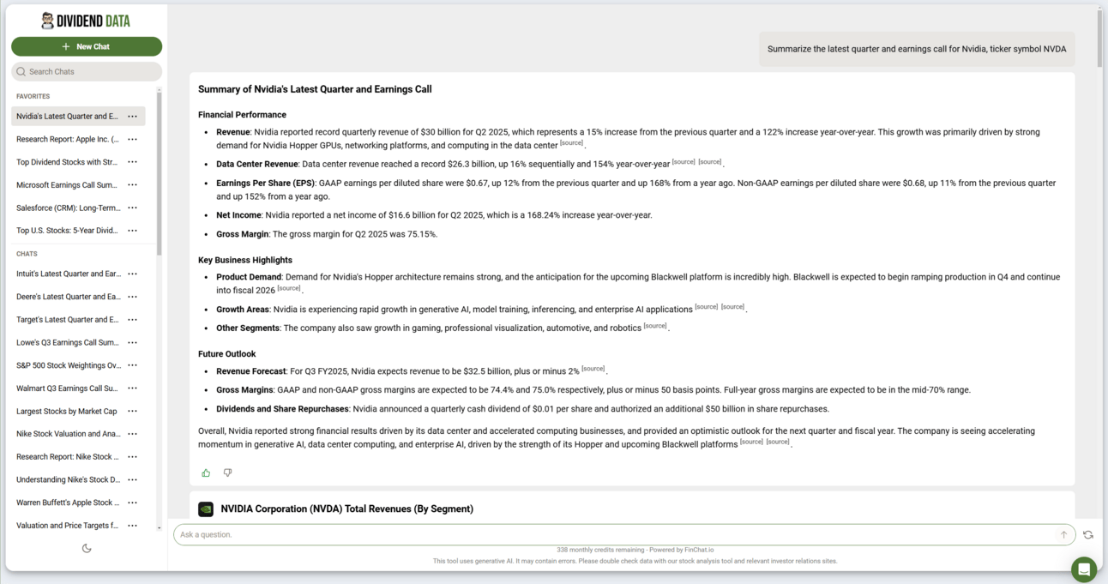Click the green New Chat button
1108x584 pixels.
tap(86, 46)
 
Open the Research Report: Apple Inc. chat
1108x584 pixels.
tap(68, 139)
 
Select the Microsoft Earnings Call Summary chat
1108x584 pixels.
tap(67, 184)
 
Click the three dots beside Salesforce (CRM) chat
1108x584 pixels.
tap(132, 208)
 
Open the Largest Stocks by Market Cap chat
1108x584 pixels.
tap(67, 411)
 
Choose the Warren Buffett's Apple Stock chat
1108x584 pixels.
tap(67, 503)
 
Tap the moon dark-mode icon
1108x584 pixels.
tap(87, 548)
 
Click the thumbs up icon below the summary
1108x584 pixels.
tap(206, 473)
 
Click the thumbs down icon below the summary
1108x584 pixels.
tap(227, 473)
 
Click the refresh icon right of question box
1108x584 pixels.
tap(1087, 534)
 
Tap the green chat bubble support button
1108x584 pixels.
tap(1083, 569)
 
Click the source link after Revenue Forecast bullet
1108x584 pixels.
tap(593, 369)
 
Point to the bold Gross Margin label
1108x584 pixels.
tap(242, 234)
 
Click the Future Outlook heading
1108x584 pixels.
tap(226, 353)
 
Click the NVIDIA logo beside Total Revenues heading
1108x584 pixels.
tap(206, 509)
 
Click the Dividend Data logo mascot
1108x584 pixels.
tap(47, 21)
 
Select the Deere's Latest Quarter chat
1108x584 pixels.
tap(68, 297)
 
